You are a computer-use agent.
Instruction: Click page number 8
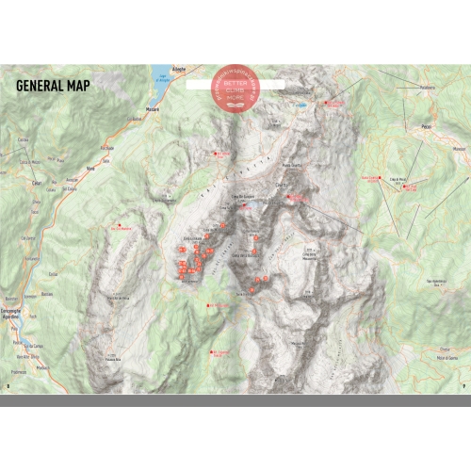8,385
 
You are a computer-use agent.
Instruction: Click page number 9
463,385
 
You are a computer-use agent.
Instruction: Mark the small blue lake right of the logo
300,106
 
